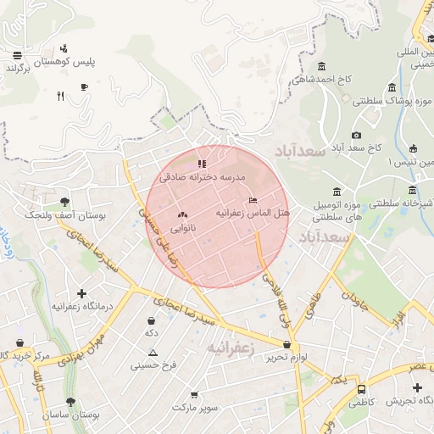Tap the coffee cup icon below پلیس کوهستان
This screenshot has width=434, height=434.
pos(84,86)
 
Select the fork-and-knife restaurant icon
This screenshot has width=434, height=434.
pos(60,96)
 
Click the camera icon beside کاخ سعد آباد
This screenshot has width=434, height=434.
pos(356,135)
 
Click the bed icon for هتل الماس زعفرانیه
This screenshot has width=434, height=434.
pos(253,200)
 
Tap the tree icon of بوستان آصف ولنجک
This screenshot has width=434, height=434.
pos(65,202)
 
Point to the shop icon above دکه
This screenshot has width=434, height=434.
pos(152,321)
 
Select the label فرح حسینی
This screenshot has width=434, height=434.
pos(153,366)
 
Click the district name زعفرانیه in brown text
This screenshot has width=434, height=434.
pos(231,348)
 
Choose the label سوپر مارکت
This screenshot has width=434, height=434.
pos(196,408)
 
